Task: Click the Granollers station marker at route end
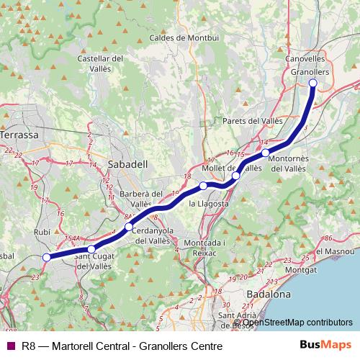click(313, 83)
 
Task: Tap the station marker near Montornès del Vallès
click(266, 153)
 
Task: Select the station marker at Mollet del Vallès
click(235, 175)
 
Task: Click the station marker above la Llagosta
click(204, 186)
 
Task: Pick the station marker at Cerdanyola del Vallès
click(128, 227)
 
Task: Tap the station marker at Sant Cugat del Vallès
click(91, 249)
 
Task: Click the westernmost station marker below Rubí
click(47, 257)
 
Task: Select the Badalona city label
click(268, 294)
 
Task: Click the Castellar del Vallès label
click(101, 63)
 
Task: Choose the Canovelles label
click(306, 60)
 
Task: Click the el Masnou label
click(337, 251)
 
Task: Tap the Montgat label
click(300, 269)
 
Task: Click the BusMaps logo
click(326, 346)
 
